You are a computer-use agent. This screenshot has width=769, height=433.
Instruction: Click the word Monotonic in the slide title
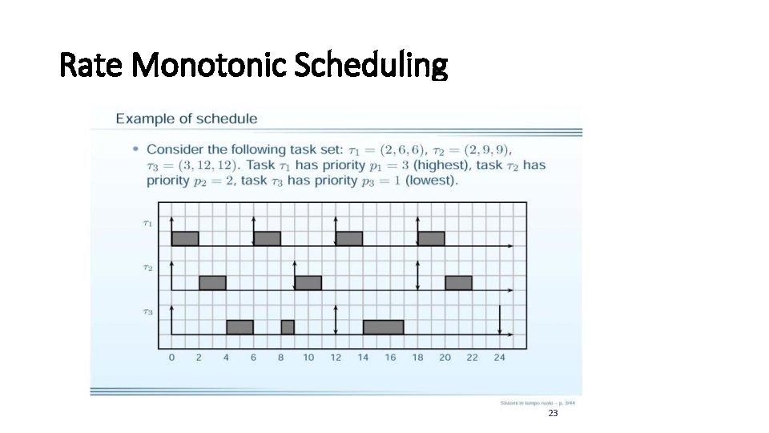point(210,66)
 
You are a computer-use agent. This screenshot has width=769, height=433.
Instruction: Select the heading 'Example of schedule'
point(187,119)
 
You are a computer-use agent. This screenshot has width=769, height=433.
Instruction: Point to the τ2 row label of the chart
point(147,267)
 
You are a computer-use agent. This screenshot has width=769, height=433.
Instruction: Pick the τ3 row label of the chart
point(147,311)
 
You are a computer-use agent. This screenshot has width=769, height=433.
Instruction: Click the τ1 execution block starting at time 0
point(185,238)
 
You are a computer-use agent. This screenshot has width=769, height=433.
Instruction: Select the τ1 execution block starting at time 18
point(431,238)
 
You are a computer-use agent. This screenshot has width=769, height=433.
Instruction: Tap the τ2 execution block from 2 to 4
point(212,282)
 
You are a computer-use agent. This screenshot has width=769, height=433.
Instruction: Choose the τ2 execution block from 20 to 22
point(458,282)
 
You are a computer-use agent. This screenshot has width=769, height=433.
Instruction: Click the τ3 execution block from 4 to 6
point(240,326)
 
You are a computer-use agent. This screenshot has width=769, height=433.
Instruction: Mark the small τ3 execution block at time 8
point(288,326)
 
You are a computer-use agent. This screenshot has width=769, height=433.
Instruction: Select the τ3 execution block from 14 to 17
point(383,326)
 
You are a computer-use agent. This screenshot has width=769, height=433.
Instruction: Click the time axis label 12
point(336,358)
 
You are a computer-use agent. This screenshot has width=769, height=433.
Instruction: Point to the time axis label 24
point(500,358)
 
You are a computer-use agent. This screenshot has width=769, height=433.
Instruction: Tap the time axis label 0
point(171,358)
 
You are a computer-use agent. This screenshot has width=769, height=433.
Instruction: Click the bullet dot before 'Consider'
point(136,149)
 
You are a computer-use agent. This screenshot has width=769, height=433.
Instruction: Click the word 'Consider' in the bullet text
point(173,149)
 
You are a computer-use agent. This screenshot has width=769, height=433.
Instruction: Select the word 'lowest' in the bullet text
point(433,180)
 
